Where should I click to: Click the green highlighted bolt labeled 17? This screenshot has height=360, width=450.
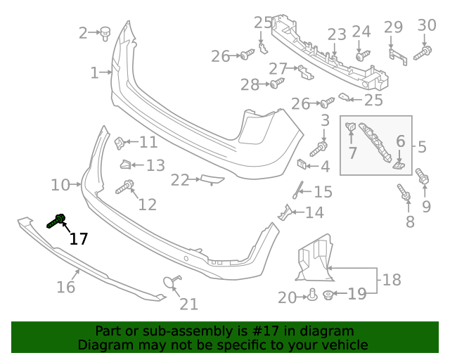[56, 221]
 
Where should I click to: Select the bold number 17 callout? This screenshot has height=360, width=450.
[79, 239]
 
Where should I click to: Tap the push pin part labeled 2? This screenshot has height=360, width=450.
[105, 34]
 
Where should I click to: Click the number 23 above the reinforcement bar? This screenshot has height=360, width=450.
[337, 34]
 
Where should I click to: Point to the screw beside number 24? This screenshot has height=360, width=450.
[363, 55]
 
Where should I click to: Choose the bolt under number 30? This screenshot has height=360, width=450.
[423, 53]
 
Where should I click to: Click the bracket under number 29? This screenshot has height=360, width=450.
[398, 57]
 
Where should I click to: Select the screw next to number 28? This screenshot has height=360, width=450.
[277, 83]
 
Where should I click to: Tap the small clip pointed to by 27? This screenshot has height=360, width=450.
[306, 72]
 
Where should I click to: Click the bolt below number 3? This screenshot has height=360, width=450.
[319, 148]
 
